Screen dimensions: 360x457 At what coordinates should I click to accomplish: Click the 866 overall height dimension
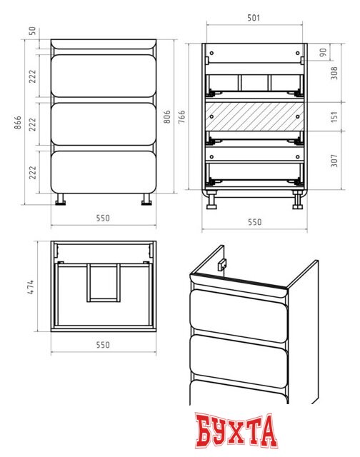click(18, 122)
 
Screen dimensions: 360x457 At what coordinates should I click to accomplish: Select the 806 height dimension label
click(166, 116)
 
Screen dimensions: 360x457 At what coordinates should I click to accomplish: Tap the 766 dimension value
click(181, 116)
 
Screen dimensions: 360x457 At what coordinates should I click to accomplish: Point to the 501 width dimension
click(254, 18)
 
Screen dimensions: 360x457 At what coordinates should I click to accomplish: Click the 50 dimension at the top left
click(33, 31)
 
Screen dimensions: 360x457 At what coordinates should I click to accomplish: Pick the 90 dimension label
click(323, 52)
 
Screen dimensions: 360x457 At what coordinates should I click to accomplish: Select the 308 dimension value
click(334, 73)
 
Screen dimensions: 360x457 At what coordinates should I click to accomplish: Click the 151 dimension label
click(334, 116)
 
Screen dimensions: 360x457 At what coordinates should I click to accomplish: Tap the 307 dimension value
click(334, 161)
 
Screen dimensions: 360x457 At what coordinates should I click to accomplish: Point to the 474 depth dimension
click(31, 287)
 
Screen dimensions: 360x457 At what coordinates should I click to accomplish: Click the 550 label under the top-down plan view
click(103, 345)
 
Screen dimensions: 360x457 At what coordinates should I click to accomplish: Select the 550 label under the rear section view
click(254, 222)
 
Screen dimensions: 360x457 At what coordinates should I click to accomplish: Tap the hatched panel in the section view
click(254, 116)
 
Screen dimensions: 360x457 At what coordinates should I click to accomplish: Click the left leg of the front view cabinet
click(61, 199)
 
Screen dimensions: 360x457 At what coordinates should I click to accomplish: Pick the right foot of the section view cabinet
click(298, 200)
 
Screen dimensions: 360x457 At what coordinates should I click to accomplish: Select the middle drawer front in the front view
click(104, 124)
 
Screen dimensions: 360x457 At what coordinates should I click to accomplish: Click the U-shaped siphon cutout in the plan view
click(104, 283)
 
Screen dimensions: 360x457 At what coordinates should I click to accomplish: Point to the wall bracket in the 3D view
click(222, 265)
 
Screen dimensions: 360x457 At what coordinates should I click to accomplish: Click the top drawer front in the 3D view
click(239, 316)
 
